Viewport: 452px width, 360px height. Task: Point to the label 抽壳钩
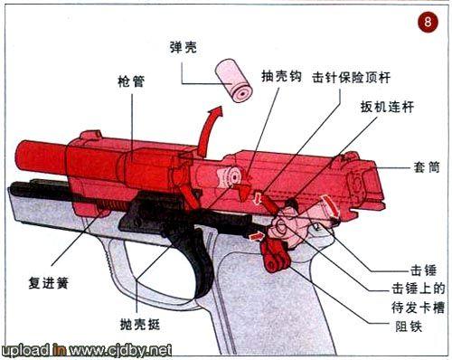click(x=281, y=78)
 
